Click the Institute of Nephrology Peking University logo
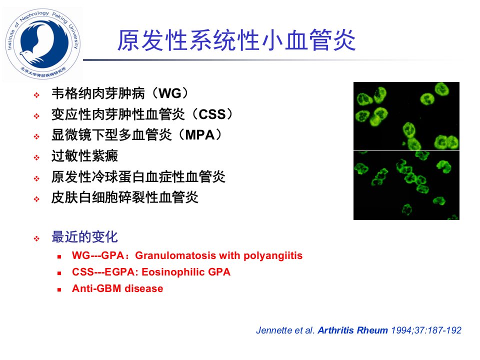[43, 43]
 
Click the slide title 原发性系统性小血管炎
[236, 40]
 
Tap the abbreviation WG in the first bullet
[170, 93]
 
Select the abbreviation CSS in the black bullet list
[212, 114]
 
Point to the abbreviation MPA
[199, 135]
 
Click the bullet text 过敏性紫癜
[85, 156]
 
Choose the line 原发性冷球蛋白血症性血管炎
[138, 176]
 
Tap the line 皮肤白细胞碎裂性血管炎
[125, 197]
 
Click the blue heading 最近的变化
[85, 236]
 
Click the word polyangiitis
[273, 256]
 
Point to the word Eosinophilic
[173, 272]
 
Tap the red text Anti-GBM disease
[117, 288]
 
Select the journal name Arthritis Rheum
[352, 330]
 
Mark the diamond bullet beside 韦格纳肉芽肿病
[36, 95]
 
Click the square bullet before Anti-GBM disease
[59, 289]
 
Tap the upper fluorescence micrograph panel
[406, 116]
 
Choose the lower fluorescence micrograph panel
[406, 185]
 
